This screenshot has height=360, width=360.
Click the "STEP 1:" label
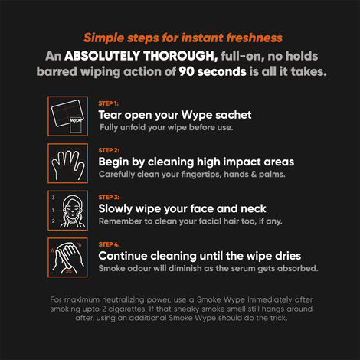[109, 101]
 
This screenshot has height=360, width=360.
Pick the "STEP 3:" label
[109, 196]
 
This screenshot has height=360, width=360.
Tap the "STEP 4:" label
[109, 244]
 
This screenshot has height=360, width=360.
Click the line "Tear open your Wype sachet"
[175, 114]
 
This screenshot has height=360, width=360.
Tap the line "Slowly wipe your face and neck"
[182, 209]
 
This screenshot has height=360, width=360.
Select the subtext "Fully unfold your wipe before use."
[165, 127]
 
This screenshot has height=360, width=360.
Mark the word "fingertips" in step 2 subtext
[194, 175]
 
